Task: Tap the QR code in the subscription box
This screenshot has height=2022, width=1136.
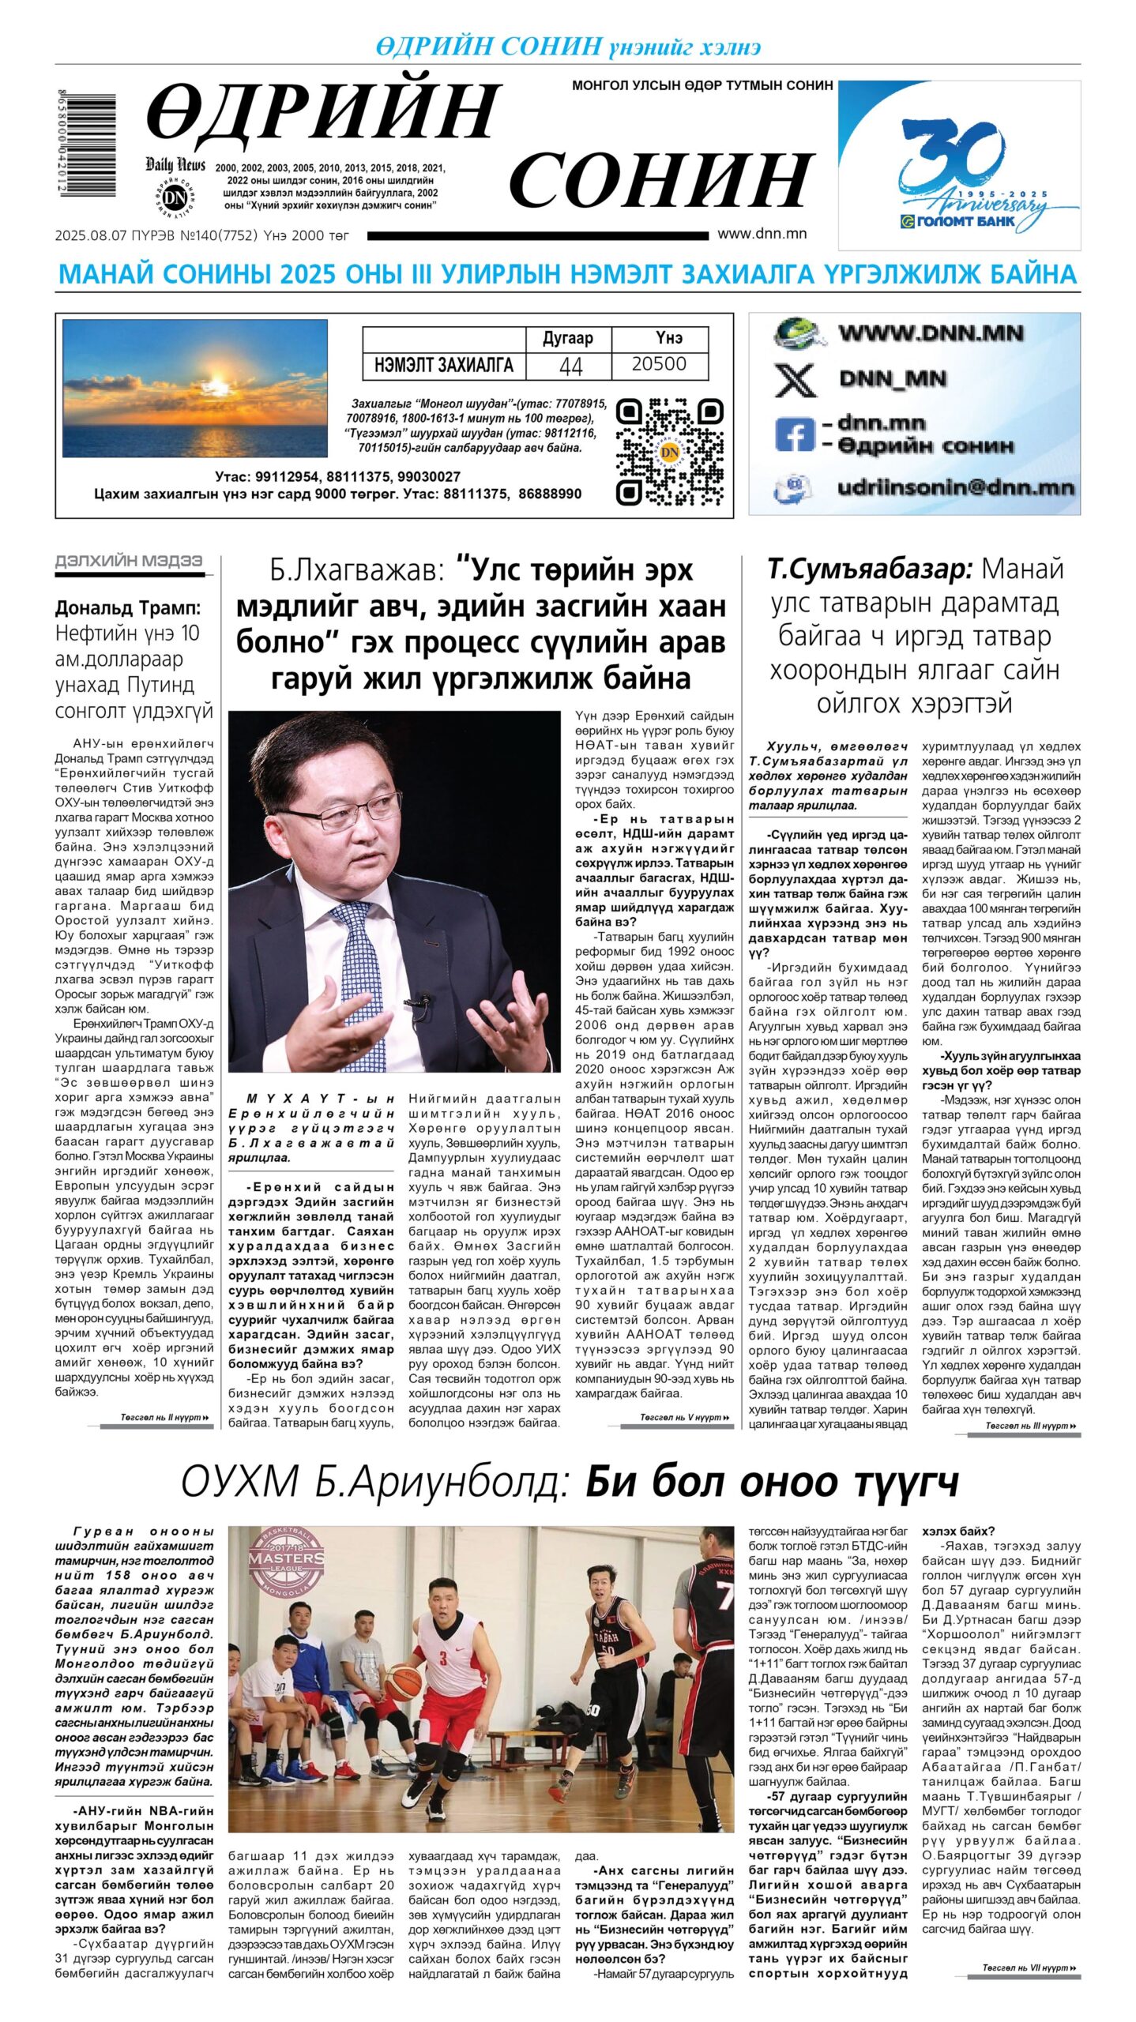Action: pos(669,452)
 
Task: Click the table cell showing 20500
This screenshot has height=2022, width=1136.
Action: pos(659,365)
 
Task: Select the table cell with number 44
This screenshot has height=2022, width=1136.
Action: pos(570,365)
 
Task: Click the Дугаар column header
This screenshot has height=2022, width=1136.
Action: pos(567,338)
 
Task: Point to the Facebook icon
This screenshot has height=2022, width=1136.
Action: pos(793,434)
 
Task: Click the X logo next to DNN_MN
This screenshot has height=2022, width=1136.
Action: pos(795,380)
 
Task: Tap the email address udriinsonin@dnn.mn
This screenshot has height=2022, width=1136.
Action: pos(955,487)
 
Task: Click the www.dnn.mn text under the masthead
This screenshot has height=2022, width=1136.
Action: pos(762,233)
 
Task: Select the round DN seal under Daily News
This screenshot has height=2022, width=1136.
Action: pos(175,197)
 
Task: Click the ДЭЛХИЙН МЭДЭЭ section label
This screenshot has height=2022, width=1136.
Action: pos(128,561)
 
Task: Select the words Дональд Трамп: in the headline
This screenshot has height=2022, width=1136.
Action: pos(128,607)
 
